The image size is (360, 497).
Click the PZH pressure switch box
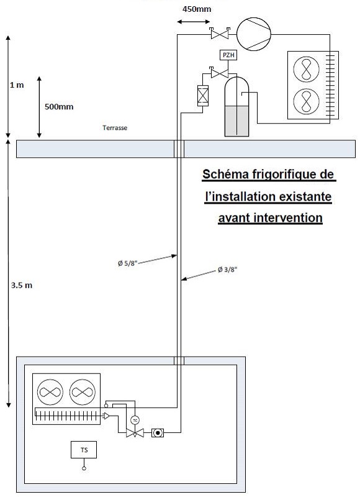click(x=228, y=55)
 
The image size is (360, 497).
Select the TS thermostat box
click(x=84, y=450)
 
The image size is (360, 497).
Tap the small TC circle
click(x=135, y=421)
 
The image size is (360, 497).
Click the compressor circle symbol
click(x=254, y=34)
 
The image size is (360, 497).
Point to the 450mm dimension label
click(x=197, y=9)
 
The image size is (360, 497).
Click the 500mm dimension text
click(x=59, y=106)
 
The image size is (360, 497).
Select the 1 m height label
click(x=17, y=85)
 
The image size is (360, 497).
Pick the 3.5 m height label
click(x=22, y=285)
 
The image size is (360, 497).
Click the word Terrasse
click(x=115, y=128)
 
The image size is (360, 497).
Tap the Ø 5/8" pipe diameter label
click(x=128, y=263)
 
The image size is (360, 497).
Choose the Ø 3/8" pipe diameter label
click(x=227, y=270)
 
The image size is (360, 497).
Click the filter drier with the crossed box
click(x=203, y=96)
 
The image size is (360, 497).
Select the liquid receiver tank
click(x=236, y=106)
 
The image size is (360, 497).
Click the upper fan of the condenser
click(x=306, y=69)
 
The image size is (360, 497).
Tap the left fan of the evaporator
click(x=50, y=393)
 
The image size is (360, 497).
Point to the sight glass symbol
click(x=158, y=432)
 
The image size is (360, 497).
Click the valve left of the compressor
click(x=220, y=34)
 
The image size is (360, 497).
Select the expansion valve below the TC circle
click(x=135, y=432)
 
